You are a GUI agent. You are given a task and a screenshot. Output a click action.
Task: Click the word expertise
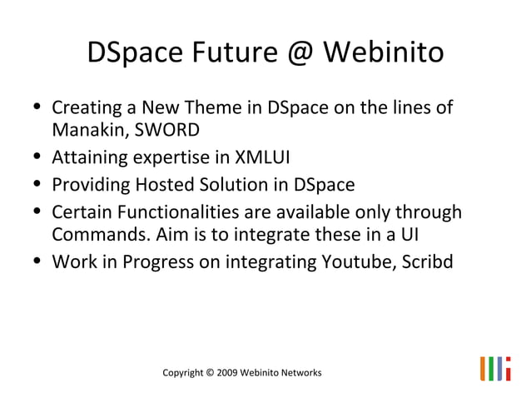tap(163, 158)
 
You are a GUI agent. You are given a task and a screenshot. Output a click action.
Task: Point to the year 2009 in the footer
tap(226, 372)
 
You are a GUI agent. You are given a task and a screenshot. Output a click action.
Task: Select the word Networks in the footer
tap(301, 372)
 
